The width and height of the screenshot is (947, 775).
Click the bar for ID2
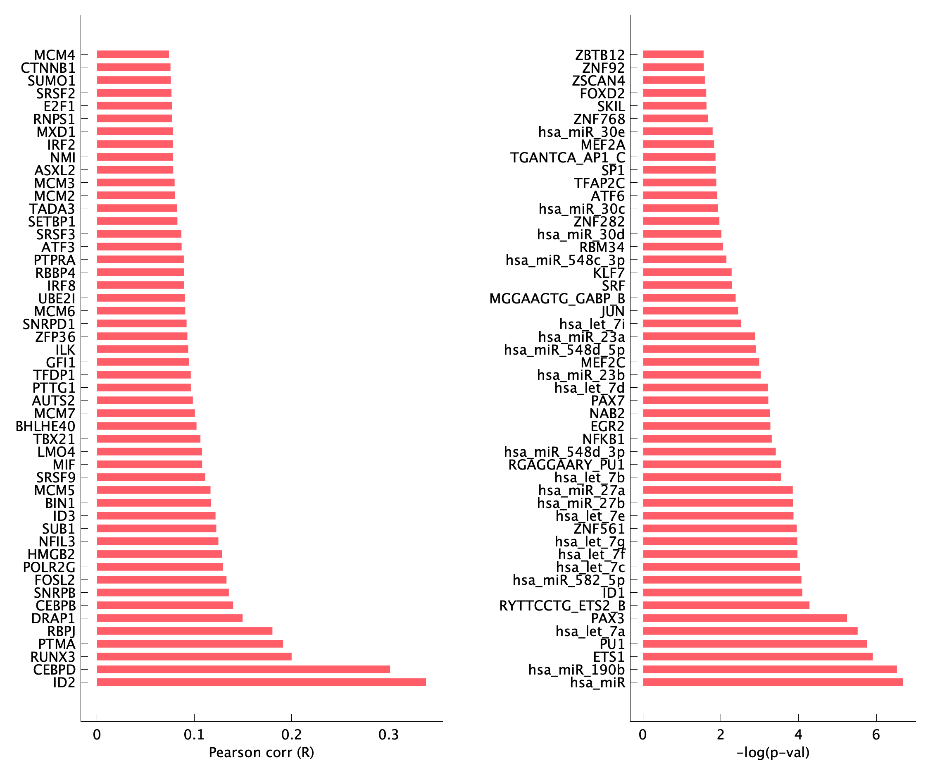click(x=261, y=682)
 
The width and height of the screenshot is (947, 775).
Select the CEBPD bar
click(x=243, y=669)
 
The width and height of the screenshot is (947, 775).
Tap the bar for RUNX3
click(x=194, y=656)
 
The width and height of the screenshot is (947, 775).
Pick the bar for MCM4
click(x=133, y=55)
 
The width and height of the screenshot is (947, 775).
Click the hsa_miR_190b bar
click(x=769, y=669)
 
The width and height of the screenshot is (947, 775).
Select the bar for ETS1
click(x=757, y=656)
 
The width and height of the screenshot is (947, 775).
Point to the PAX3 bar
click(x=745, y=618)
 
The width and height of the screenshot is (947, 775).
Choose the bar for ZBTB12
click(x=673, y=55)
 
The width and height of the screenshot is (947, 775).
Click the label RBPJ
click(x=62, y=631)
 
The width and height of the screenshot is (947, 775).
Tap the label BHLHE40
click(x=45, y=426)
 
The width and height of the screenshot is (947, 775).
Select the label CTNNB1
click(x=48, y=68)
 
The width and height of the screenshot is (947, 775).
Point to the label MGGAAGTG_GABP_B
click(x=557, y=298)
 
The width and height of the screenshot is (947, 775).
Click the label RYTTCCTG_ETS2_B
click(x=562, y=606)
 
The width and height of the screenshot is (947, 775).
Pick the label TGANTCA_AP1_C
click(x=567, y=157)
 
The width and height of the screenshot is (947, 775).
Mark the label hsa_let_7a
click(x=590, y=631)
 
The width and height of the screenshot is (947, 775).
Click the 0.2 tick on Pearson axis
click(x=291, y=735)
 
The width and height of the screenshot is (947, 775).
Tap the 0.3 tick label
click(x=389, y=735)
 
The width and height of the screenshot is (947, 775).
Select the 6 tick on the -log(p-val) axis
click(x=876, y=735)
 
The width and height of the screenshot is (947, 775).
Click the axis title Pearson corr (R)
click(x=262, y=753)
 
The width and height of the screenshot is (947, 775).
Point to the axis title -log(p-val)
click(x=773, y=753)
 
